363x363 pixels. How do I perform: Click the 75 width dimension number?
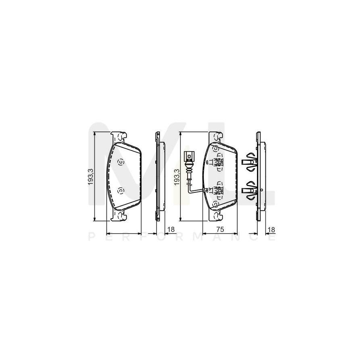(x=220, y=229)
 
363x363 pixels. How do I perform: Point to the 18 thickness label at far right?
(x=271, y=229)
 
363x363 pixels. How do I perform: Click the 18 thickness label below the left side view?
(x=171, y=229)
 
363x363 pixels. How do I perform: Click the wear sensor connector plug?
(x=188, y=155)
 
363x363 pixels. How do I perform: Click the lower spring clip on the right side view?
(x=249, y=190)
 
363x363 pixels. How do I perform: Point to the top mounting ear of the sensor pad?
(x=217, y=137)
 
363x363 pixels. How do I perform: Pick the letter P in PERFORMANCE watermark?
(x=91, y=238)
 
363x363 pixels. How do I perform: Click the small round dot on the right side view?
(x=263, y=190)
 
